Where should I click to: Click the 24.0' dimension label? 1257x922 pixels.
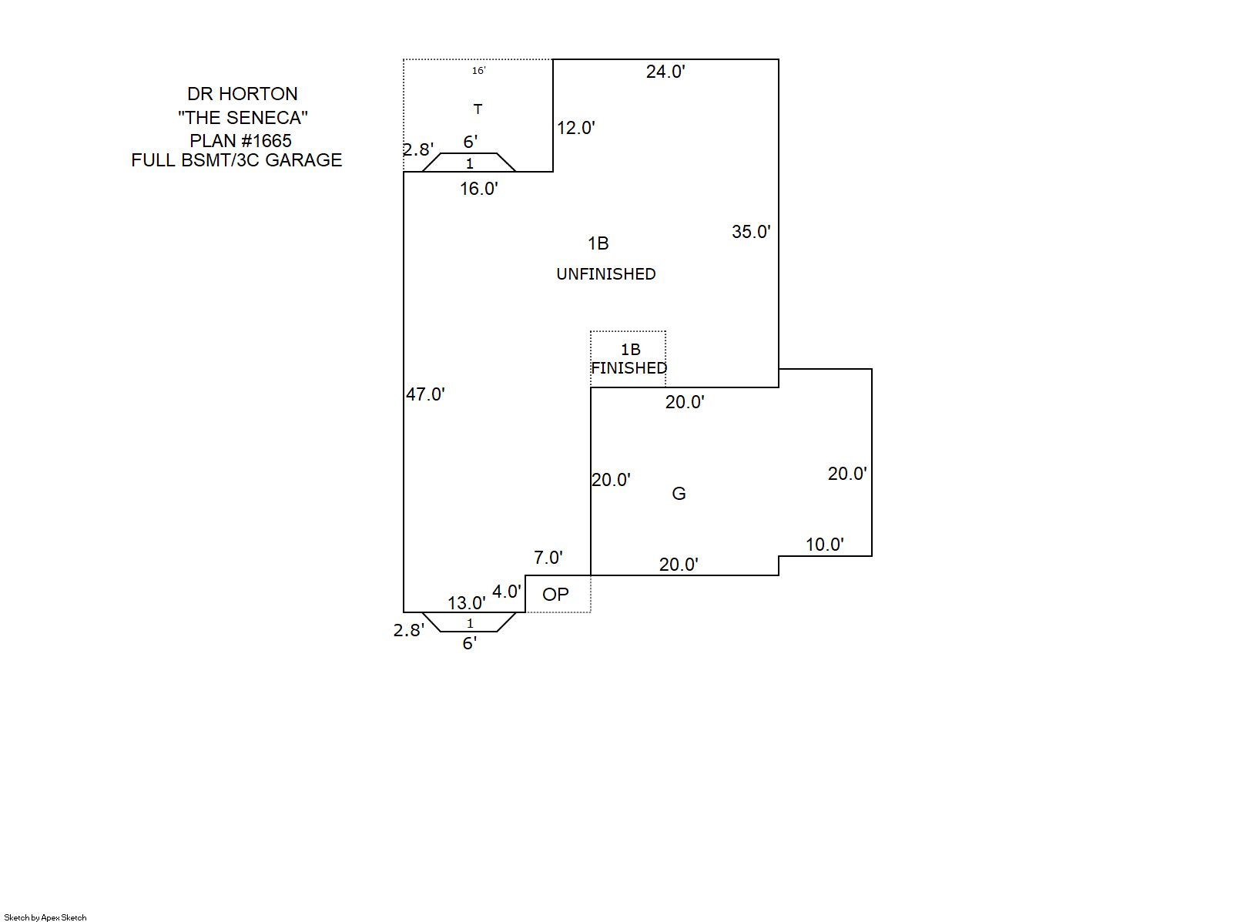click(x=665, y=72)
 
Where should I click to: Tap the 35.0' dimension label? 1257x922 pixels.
click(x=751, y=232)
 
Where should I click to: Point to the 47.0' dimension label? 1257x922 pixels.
click(x=425, y=394)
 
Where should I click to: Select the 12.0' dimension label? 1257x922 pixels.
click(x=576, y=128)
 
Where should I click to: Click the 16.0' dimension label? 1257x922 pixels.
click(x=478, y=189)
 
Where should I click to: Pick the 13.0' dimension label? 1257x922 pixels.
click(x=467, y=602)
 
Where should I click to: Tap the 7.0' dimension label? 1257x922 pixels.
click(x=548, y=557)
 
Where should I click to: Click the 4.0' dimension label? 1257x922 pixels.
click(x=506, y=592)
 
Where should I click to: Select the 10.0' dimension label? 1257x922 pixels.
click(x=824, y=545)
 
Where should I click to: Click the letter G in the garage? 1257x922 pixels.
click(x=679, y=494)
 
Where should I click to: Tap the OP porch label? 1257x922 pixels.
click(x=555, y=595)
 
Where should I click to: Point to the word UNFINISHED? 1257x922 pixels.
click(x=605, y=274)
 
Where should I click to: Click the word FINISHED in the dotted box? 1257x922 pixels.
click(x=628, y=368)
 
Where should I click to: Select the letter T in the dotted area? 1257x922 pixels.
click(x=478, y=109)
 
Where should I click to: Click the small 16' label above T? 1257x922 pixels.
click(x=478, y=71)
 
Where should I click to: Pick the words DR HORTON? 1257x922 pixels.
click(x=242, y=94)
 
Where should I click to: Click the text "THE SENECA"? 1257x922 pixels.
click(x=243, y=118)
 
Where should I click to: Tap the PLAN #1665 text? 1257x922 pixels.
click(x=240, y=141)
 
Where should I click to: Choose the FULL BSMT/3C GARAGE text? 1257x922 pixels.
click(x=236, y=160)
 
